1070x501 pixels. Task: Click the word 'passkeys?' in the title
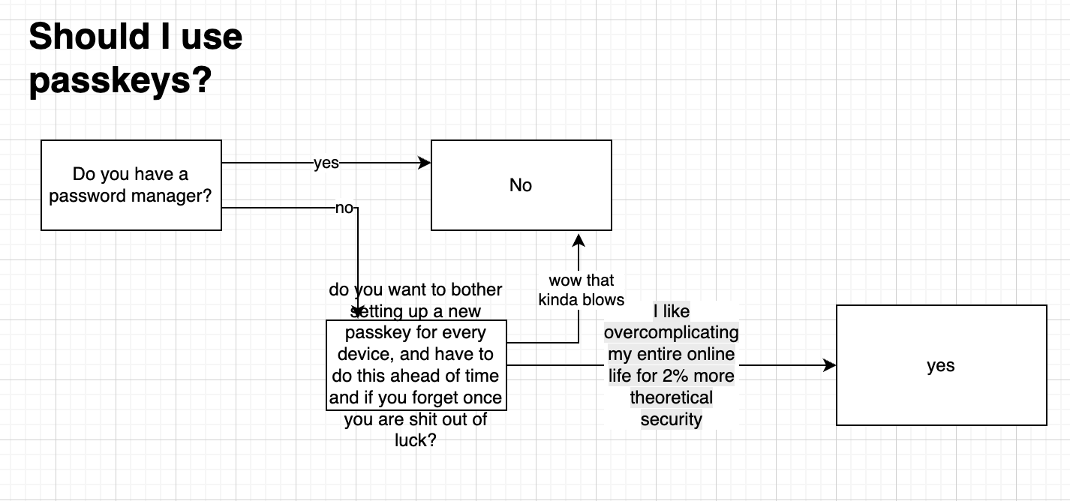click(120, 81)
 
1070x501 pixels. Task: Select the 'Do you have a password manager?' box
click(131, 185)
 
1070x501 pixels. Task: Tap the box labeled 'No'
click(521, 185)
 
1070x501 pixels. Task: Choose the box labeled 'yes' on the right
click(942, 365)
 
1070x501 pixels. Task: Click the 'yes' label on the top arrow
click(326, 163)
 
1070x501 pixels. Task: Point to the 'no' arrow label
click(344, 208)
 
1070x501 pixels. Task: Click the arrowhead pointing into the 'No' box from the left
click(424, 163)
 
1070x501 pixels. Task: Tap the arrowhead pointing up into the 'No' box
click(579, 240)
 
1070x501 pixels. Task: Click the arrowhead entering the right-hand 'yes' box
click(830, 365)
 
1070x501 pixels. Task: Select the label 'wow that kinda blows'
click(582, 290)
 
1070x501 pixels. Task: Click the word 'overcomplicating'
click(671, 332)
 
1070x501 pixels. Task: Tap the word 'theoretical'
click(671, 397)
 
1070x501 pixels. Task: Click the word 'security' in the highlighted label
click(671, 419)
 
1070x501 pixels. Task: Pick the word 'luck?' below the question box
click(416, 440)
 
